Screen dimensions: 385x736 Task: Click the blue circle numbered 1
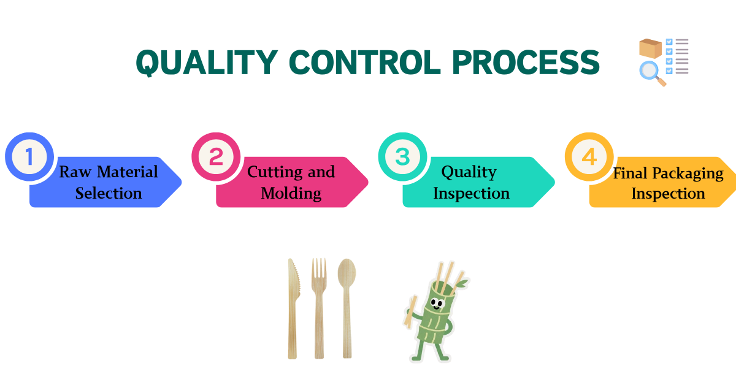pos(29,157)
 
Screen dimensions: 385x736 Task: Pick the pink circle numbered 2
pos(216,157)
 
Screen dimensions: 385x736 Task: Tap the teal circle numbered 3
pos(402,157)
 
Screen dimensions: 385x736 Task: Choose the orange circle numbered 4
pos(589,157)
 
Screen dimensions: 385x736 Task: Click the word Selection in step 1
pos(109,193)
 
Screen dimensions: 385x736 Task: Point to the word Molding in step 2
pos(291,193)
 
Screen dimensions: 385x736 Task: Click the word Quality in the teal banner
pos(469,172)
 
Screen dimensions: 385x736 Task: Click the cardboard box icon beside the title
pos(650,48)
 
